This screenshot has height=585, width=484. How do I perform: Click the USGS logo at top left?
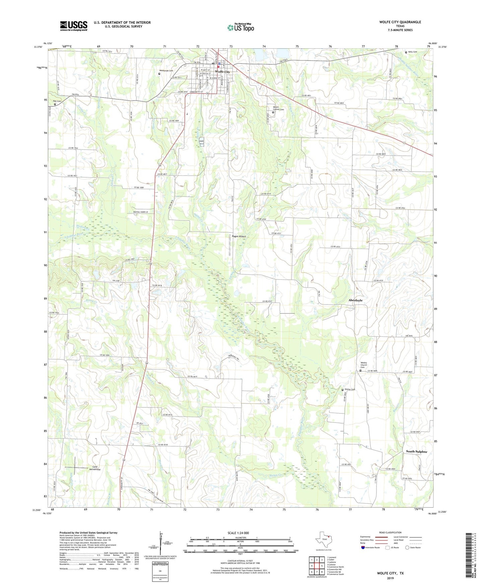click(x=74, y=25)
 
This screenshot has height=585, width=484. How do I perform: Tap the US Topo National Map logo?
click(x=240, y=27)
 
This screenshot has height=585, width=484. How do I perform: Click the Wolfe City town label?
click(x=222, y=72)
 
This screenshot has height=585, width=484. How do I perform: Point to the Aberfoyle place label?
click(x=355, y=300)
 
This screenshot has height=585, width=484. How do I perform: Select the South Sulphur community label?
click(x=417, y=452)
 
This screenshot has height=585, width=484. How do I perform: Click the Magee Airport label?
click(x=239, y=237)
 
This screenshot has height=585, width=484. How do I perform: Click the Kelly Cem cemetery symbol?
click(x=406, y=52)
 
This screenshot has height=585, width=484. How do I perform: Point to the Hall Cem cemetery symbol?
click(x=55, y=104)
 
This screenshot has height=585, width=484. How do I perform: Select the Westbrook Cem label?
click(x=166, y=71)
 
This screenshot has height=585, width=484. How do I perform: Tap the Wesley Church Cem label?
click(x=364, y=365)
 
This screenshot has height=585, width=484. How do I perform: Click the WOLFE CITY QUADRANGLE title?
click(x=400, y=22)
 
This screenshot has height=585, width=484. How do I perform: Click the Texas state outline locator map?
click(x=323, y=540)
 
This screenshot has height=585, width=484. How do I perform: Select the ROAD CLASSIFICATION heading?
click(x=390, y=532)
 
